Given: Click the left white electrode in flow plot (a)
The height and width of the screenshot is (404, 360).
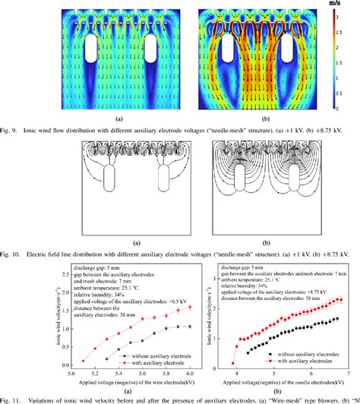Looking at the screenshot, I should [90, 47].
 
